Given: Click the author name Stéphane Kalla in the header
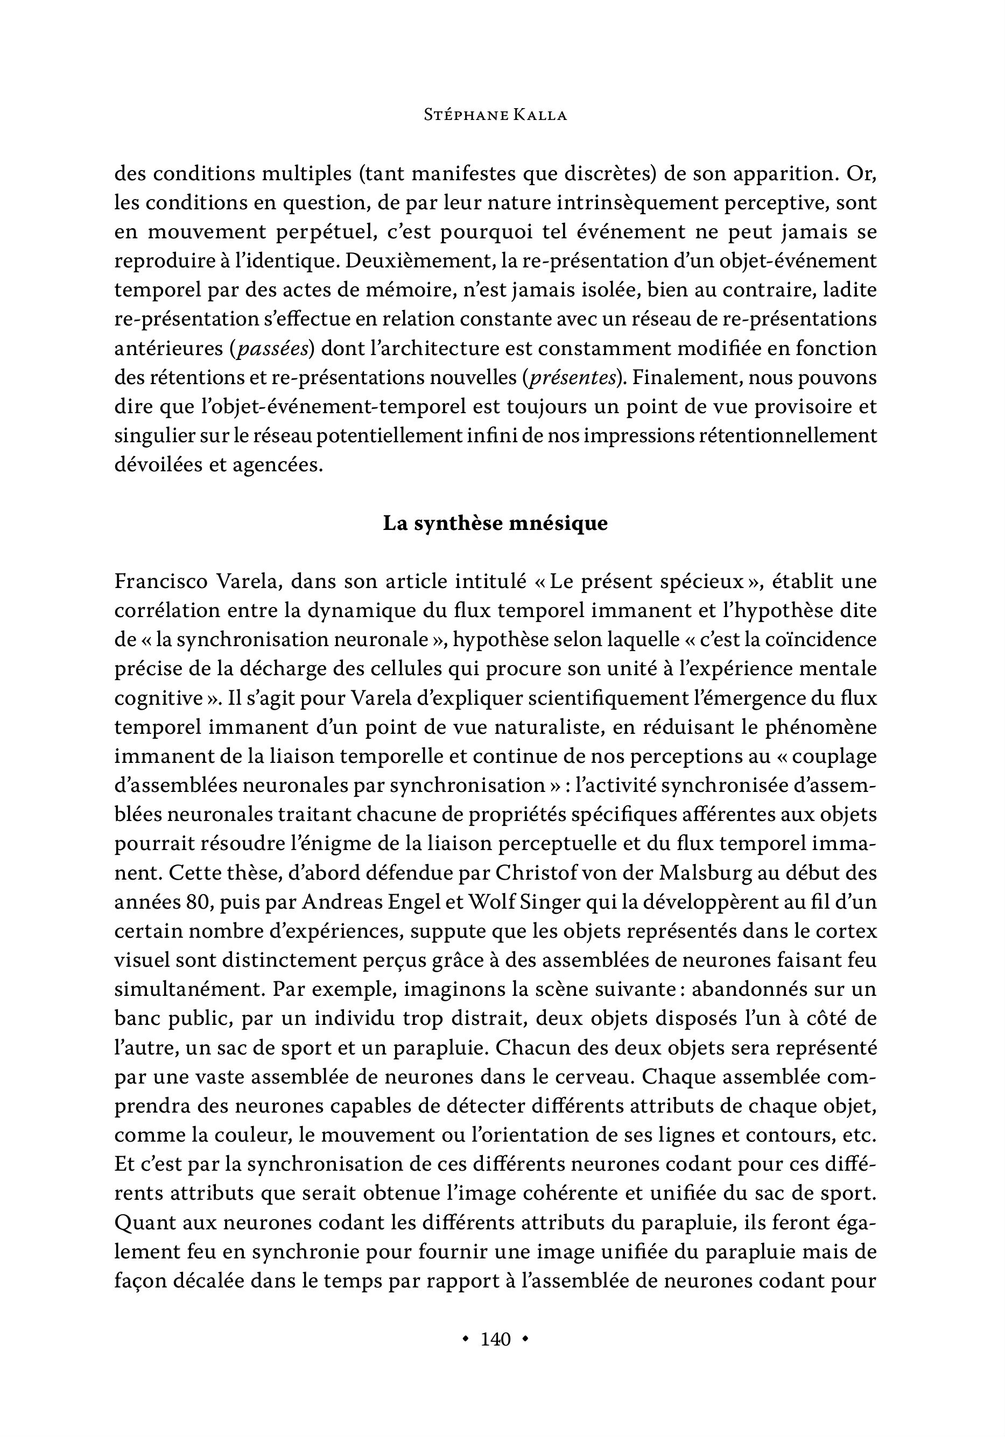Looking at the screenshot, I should [x=495, y=115].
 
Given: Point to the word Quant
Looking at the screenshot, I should [x=142, y=1223].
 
